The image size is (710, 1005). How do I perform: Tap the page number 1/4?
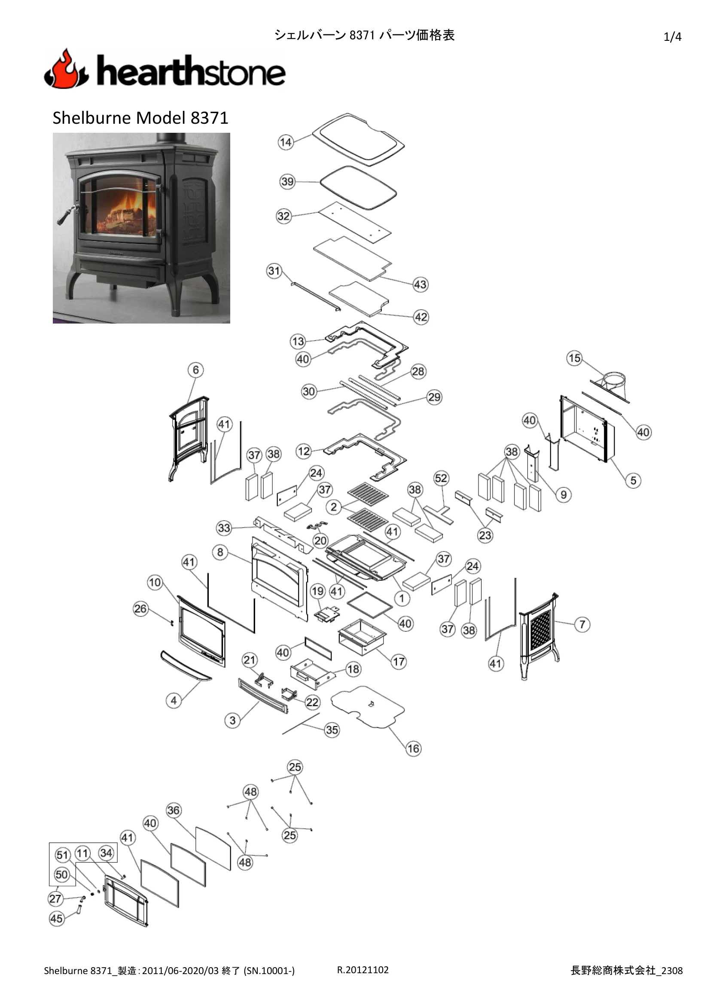(x=672, y=37)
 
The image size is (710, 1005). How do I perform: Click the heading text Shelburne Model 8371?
(x=140, y=118)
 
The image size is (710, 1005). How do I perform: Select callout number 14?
(x=286, y=142)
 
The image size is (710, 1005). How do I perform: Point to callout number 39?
(x=287, y=182)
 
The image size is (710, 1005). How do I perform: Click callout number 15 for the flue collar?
(x=574, y=358)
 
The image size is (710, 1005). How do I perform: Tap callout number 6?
(x=195, y=370)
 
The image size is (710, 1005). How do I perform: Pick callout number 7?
(x=582, y=624)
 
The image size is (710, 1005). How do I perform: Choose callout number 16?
(x=413, y=748)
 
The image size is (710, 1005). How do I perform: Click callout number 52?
(x=441, y=478)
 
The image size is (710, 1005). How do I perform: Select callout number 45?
(x=56, y=919)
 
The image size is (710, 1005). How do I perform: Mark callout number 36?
(x=173, y=810)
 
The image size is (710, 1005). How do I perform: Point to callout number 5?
(x=634, y=481)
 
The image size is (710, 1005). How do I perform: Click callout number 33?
(x=224, y=528)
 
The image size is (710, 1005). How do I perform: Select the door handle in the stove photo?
(x=66, y=215)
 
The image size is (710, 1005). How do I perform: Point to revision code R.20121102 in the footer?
(x=363, y=969)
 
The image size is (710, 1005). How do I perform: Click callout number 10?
(x=155, y=583)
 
